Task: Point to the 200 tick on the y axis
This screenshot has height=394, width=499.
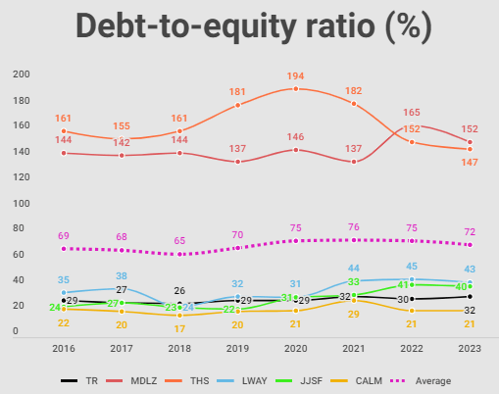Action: click(22, 74)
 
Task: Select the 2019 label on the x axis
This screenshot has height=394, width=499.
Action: click(237, 346)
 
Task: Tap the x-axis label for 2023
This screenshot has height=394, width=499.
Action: click(470, 346)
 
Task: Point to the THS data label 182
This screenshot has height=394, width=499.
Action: click(353, 91)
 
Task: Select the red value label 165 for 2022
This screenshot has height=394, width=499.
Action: click(412, 114)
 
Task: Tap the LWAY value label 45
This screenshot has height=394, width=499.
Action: click(412, 267)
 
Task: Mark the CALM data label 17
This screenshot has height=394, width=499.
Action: click(179, 328)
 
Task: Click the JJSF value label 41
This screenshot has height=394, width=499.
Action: click(405, 285)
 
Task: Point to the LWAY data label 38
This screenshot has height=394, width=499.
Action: click(122, 276)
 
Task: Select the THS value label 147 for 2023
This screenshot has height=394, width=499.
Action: click(470, 162)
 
